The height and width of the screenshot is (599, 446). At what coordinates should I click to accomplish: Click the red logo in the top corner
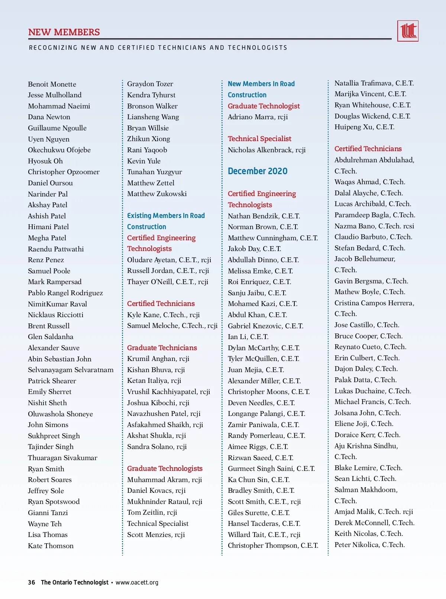408,31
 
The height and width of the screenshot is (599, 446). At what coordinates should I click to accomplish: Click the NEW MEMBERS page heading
64,32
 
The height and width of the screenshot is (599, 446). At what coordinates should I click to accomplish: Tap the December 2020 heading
258,171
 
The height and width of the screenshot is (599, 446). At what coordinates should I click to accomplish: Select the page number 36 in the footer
32,582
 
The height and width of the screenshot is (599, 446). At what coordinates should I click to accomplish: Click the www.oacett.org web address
137,582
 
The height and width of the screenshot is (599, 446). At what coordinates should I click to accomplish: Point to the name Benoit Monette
52,84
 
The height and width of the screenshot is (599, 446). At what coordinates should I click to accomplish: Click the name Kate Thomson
51,546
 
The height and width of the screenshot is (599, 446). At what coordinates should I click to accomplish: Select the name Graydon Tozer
150,84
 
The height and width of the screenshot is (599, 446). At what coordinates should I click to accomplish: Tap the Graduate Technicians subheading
162,348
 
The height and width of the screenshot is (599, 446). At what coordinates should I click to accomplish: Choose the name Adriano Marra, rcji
258,117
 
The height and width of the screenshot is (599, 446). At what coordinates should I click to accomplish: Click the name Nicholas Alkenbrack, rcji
266,150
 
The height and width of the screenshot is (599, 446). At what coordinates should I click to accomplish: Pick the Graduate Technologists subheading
165,469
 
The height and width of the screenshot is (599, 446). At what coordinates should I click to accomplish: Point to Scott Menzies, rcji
156,535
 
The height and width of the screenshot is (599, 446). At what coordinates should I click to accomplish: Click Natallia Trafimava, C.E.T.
374,83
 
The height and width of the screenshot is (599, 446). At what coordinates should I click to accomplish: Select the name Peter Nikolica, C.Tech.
369,545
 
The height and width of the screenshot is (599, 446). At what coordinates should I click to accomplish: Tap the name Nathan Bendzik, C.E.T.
264,216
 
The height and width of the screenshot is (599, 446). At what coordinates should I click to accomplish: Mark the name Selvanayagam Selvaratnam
71,370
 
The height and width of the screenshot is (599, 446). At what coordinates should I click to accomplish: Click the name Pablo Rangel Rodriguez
65,293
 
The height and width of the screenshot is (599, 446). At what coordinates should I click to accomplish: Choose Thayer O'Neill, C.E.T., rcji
168,282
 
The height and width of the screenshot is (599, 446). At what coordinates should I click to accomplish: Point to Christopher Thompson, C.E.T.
273,546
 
